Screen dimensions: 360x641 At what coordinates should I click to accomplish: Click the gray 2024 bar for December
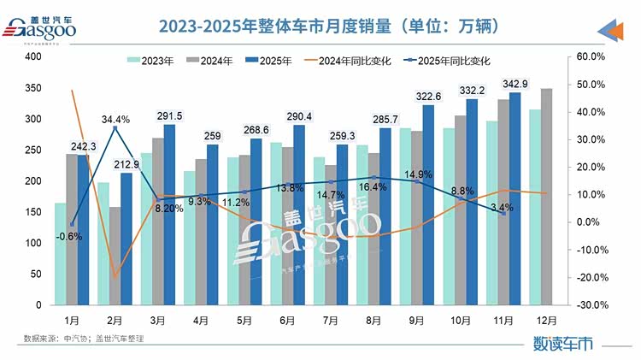click(546, 197)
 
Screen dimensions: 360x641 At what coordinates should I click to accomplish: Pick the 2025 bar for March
click(168, 215)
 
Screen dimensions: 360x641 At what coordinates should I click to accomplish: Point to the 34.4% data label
click(115, 120)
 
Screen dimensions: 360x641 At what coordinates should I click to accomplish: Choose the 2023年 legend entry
click(150, 61)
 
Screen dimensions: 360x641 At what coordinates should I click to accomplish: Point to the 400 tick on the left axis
click(34, 57)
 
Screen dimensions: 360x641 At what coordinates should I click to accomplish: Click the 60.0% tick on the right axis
click(591, 57)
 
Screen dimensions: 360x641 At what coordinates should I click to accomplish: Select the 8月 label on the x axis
click(374, 321)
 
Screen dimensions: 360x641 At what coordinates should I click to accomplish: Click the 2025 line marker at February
click(115, 128)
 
